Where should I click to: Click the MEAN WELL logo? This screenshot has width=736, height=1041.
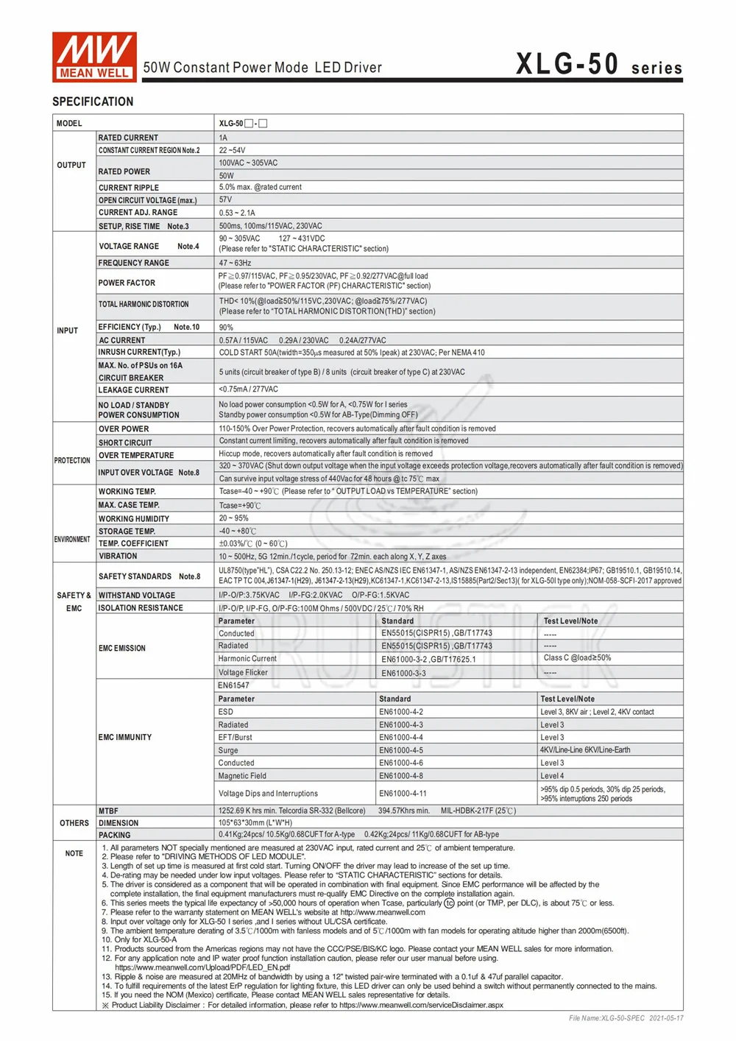click(x=94, y=57)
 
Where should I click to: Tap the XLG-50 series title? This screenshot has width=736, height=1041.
click(x=598, y=65)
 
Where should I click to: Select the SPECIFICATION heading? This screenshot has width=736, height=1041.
click(x=93, y=102)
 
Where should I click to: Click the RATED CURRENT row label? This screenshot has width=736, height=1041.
click(x=128, y=138)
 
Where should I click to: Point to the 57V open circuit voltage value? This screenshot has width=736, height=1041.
click(x=225, y=200)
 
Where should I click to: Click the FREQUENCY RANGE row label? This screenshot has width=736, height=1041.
click(x=134, y=263)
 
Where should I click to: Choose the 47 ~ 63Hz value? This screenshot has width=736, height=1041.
click(x=235, y=263)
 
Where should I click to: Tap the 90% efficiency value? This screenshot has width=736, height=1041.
click(x=226, y=328)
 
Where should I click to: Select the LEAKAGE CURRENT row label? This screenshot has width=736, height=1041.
click(x=134, y=390)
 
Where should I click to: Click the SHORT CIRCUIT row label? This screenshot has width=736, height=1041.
click(x=125, y=442)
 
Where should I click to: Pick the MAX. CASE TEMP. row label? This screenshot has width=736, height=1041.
click(x=129, y=505)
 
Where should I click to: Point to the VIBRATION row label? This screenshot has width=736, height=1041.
click(x=118, y=556)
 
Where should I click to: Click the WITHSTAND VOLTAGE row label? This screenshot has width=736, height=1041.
click(x=137, y=595)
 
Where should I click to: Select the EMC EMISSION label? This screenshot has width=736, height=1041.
click(x=122, y=649)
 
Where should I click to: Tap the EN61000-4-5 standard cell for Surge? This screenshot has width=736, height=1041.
click(x=401, y=750)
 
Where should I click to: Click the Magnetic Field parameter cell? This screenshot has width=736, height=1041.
click(x=242, y=776)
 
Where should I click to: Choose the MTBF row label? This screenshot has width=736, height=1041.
click(x=108, y=811)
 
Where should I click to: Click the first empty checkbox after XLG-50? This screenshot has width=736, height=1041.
click(x=249, y=124)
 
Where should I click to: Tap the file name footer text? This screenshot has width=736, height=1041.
click(x=626, y=1018)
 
